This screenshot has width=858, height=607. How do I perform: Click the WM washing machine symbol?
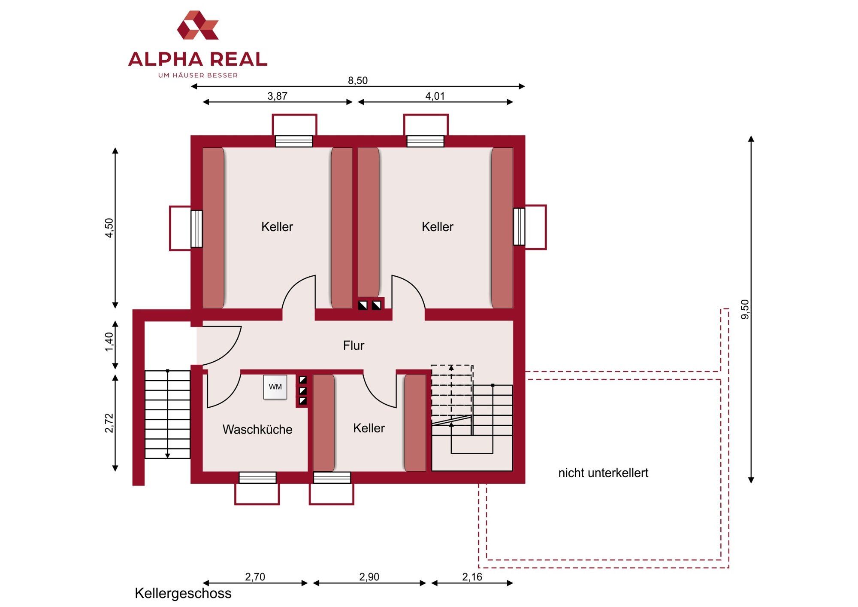(x=275, y=387)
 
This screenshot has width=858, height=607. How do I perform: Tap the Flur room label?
(x=353, y=345)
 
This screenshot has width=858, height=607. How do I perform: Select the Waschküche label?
(x=257, y=429)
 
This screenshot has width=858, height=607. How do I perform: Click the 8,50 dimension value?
(x=358, y=80)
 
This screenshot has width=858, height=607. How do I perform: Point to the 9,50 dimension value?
(x=745, y=309)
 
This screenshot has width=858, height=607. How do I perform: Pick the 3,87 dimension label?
(x=277, y=96)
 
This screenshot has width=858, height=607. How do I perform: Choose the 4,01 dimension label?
(x=435, y=96)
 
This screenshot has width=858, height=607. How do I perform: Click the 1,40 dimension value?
(x=109, y=342)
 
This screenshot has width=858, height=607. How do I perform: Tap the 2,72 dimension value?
(x=109, y=423)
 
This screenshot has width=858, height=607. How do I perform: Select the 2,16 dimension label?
(x=472, y=577)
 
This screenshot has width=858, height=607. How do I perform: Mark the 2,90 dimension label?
(x=369, y=577)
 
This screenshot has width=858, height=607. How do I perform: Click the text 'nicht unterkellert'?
(x=603, y=473)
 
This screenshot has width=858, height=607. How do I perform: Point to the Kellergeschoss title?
(x=183, y=593)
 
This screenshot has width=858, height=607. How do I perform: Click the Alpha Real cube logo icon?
(x=198, y=25)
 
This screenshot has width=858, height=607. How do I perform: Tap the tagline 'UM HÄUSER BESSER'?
(x=198, y=75)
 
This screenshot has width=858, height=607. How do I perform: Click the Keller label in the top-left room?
(x=277, y=227)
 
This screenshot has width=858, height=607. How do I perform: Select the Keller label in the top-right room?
(x=438, y=227)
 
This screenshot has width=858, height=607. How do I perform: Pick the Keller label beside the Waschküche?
(x=369, y=428)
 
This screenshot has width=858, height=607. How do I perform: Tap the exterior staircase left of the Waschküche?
(x=168, y=415)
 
